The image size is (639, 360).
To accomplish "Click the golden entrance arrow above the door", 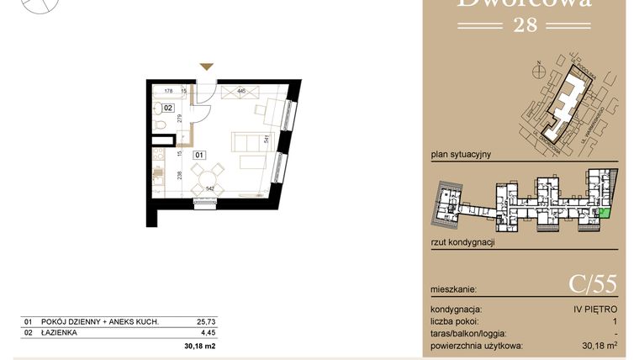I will click(207, 66).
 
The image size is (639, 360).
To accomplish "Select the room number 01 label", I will click(199, 155).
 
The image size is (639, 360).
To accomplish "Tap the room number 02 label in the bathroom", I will click(168, 109).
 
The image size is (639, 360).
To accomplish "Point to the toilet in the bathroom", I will click(159, 126).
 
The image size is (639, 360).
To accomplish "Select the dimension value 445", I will click(241, 90).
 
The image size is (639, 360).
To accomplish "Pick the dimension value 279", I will click(178, 120).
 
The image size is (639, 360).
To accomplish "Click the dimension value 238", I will click(178, 177).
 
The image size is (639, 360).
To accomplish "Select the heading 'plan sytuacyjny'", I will click(460, 155).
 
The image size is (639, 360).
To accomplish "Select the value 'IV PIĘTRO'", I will click(593, 310).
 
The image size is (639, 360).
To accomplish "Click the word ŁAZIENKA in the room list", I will click(60, 333).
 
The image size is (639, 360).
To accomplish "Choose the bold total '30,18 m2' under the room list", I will click(200, 346).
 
